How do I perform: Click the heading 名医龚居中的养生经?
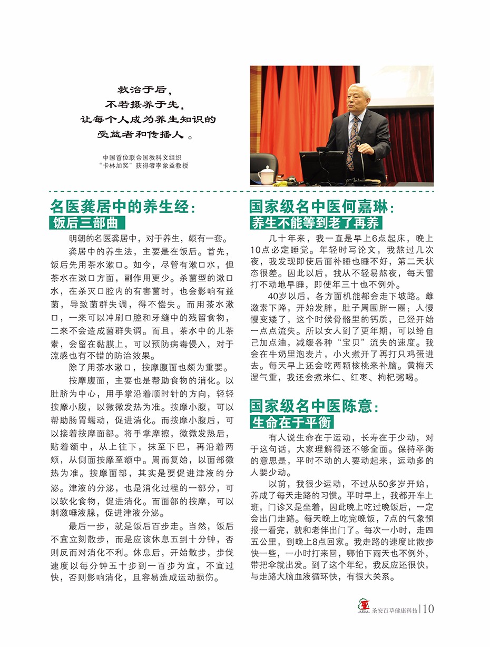pos(122,207)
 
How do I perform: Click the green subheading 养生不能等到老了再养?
pos(316,223)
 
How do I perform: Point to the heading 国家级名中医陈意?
pos(314,406)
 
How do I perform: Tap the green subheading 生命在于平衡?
pos(292,422)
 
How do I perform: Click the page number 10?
pos(428,609)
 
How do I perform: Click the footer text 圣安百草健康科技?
pos(393,611)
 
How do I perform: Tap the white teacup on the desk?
pos(267,173)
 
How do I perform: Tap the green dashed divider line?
pos(242,192)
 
